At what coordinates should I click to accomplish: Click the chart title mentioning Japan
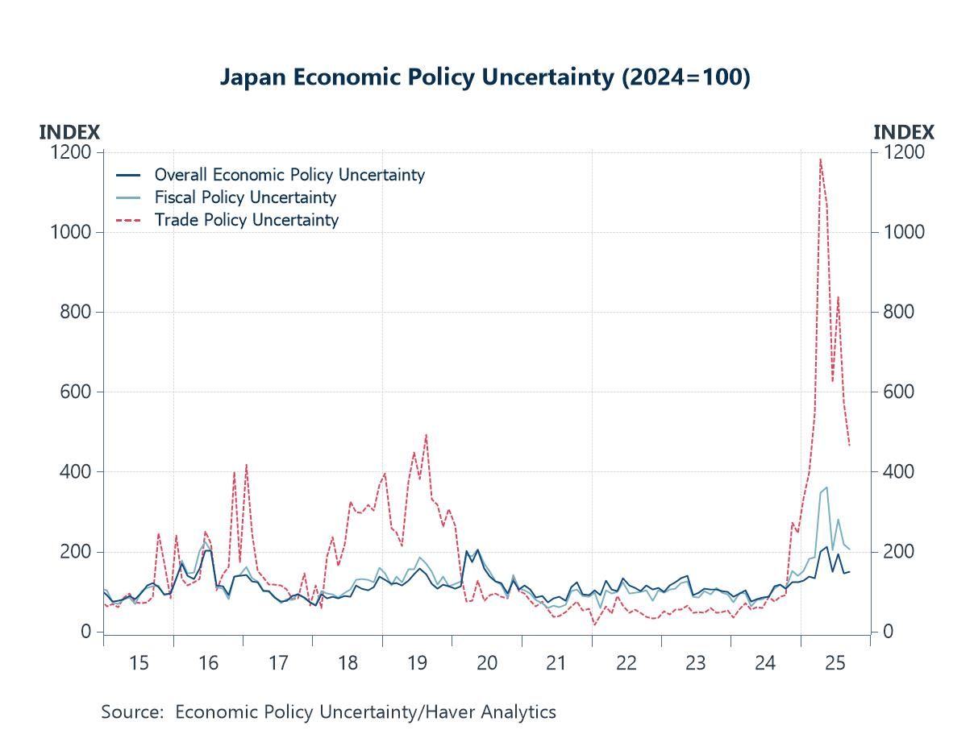(485, 77)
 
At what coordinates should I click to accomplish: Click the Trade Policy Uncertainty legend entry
(246, 220)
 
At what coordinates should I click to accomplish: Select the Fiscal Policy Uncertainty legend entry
(244, 197)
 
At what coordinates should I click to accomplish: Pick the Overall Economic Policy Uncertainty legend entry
(289, 175)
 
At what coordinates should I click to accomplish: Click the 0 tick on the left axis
(85, 632)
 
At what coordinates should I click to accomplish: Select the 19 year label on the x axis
(417, 664)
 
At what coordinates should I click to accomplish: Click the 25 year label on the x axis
(835, 664)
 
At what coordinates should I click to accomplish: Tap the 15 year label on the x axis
(139, 664)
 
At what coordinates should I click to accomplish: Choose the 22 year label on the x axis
(626, 664)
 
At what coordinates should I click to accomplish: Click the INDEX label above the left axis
(69, 132)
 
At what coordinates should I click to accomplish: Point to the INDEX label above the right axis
(904, 132)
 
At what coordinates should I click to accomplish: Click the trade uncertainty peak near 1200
(820, 159)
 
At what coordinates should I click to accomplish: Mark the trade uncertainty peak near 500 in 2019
(426, 435)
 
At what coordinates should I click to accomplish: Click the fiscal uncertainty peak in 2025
(826, 487)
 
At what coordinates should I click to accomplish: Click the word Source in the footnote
(132, 712)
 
